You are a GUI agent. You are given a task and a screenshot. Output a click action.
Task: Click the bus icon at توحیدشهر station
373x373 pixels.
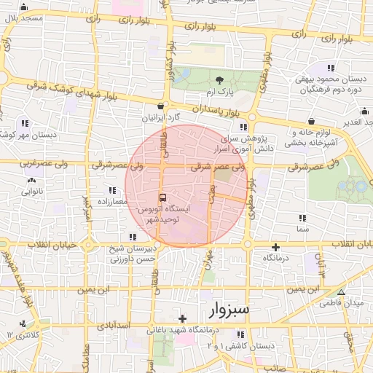click(x=162, y=197)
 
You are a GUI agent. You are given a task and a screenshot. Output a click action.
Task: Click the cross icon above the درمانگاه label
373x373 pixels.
click(x=276, y=248)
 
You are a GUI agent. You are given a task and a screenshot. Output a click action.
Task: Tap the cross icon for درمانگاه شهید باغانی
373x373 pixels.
click(x=182, y=318)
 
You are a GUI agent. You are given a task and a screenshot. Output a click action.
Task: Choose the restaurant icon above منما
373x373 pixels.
click(x=302, y=217)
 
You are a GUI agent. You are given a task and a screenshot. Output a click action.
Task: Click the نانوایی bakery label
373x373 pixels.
click(x=31, y=192)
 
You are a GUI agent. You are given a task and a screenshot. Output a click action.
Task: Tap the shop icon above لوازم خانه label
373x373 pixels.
click(x=312, y=121)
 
